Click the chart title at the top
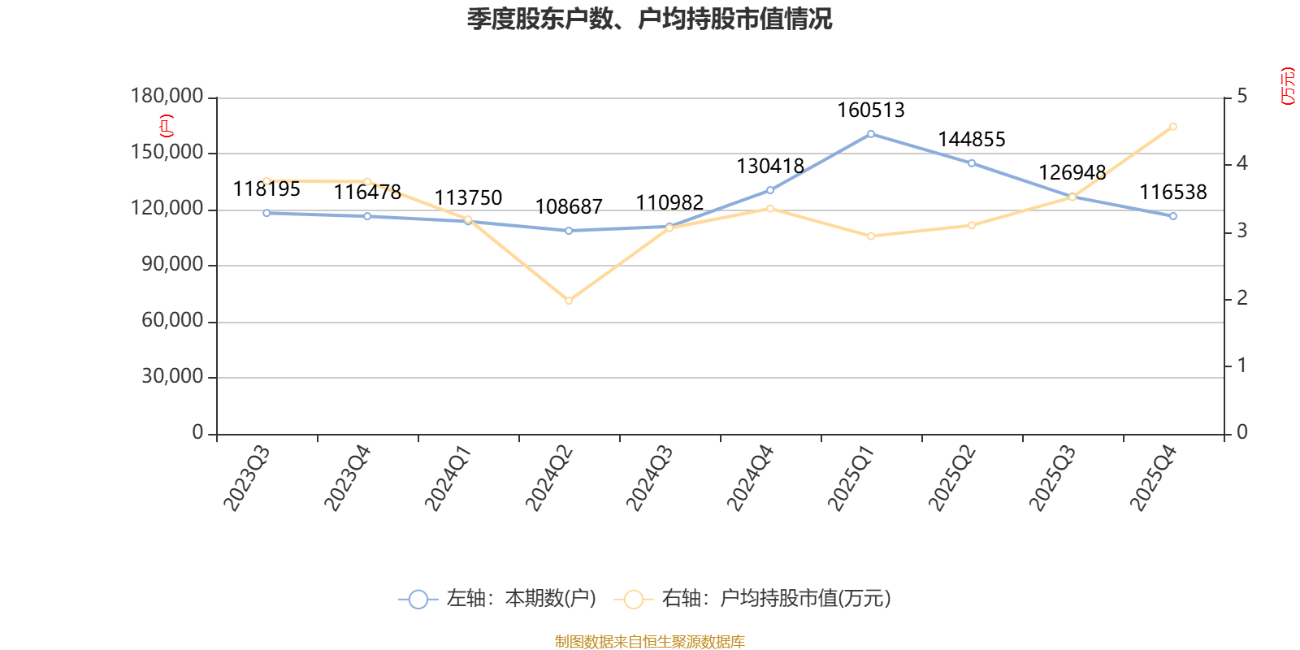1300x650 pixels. click(649, 19)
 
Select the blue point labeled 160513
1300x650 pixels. click(871, 133)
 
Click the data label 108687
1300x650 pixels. click(569, 206)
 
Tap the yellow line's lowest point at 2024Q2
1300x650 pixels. click(569, 301)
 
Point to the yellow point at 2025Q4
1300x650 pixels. click(1173, 126)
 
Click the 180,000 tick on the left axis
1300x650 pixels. click(167, 97)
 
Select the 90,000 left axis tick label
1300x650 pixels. click(172, 265)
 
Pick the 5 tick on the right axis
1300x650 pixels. click(1241, 97)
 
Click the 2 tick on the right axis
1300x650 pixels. click(1241, 298)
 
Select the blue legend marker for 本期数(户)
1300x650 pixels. click(418, 600)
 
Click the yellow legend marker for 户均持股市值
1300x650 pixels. click(634, 600)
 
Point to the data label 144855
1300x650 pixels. click(972, 140)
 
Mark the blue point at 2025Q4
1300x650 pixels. click(1173, 216)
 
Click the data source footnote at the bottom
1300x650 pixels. click(649, 641)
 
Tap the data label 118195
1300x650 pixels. click(266, 189)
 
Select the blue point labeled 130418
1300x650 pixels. click(770, 190)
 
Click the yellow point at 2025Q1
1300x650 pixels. click(871, 236)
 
